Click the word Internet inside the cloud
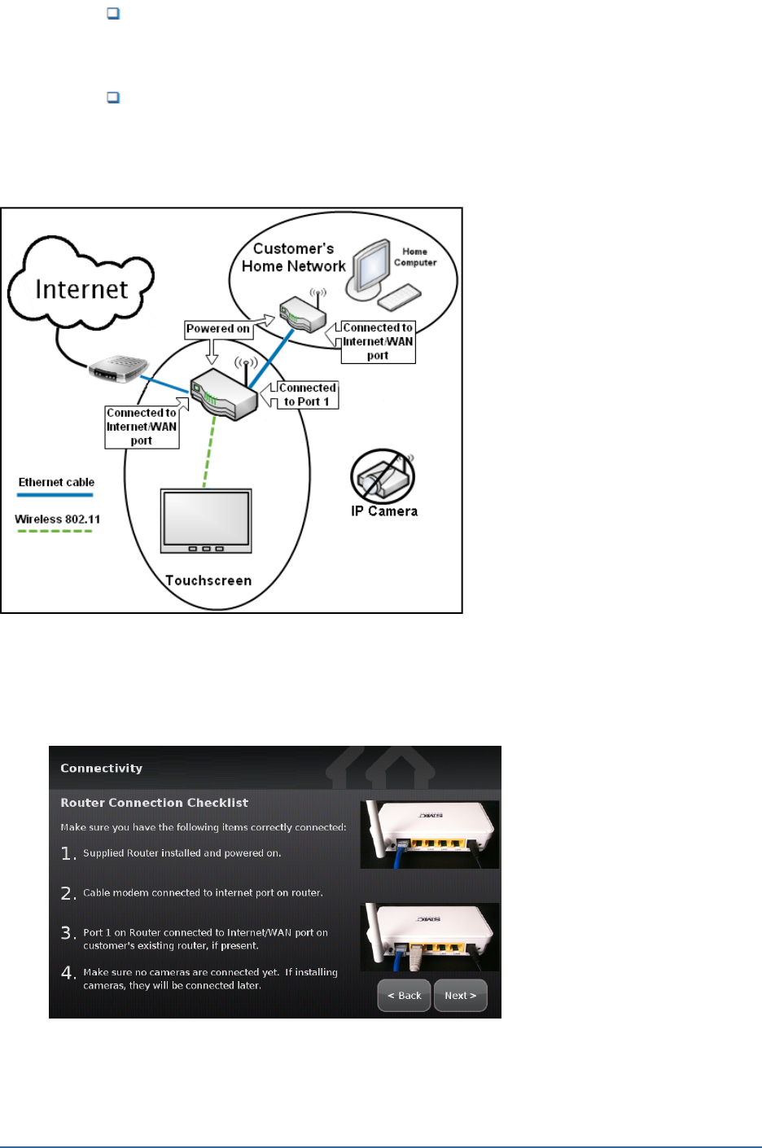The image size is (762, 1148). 81,289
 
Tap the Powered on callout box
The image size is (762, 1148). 217,329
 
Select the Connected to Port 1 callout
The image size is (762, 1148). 307,395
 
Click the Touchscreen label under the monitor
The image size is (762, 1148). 208,581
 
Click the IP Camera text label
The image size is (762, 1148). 384,511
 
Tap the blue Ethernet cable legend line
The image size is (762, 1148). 56,494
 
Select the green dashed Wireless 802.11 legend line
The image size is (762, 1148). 55,531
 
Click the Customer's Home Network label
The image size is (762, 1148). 294,257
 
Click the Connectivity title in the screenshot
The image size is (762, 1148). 101,768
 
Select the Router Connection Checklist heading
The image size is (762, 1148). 154,803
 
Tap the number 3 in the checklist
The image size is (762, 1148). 68,933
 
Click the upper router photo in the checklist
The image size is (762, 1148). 430,834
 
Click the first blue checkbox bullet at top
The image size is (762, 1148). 114,14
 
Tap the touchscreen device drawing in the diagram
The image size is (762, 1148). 206,521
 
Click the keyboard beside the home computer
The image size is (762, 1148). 399,297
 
